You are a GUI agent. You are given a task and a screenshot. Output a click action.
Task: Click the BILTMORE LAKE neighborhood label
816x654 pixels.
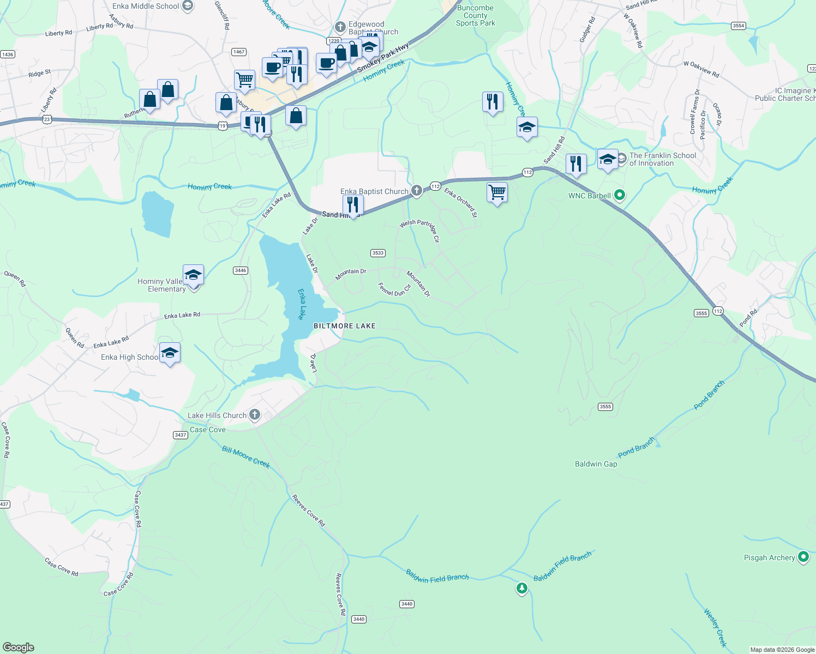(344, 326)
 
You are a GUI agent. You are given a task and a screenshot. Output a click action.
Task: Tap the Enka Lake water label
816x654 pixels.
(301, 304)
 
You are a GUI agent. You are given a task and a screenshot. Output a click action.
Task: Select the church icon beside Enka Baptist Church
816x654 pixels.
(417, 190)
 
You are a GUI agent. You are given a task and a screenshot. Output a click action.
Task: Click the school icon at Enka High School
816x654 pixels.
(170, 353)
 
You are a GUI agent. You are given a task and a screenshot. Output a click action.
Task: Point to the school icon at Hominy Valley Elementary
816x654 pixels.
(193, 275)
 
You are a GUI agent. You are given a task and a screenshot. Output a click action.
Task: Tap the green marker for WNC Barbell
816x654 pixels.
(619, 195)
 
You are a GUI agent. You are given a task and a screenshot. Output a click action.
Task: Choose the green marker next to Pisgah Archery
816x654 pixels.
(803, 557)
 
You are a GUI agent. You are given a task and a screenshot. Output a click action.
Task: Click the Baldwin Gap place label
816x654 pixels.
(596, 464)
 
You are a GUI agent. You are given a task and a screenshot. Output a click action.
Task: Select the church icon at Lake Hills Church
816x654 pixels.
(254, 415)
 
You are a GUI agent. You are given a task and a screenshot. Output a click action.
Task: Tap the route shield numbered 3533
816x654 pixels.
(377, 253)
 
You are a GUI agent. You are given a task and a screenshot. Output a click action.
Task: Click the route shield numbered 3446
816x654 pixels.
(240, 270)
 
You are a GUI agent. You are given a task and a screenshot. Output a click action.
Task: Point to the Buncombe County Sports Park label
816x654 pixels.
(475, 16)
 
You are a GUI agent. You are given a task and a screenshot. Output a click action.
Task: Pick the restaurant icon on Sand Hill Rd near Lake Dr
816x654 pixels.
(353, 205)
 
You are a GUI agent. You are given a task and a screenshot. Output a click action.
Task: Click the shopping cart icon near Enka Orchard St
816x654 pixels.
(497, 192)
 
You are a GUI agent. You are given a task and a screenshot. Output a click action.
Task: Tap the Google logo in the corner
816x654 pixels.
(18, 647)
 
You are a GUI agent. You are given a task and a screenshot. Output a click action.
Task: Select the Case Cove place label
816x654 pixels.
(207, 429)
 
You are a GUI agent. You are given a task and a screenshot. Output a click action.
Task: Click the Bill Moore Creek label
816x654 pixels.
(246, 457)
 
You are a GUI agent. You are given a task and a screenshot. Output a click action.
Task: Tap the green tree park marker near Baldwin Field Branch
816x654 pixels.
(522, 588)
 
